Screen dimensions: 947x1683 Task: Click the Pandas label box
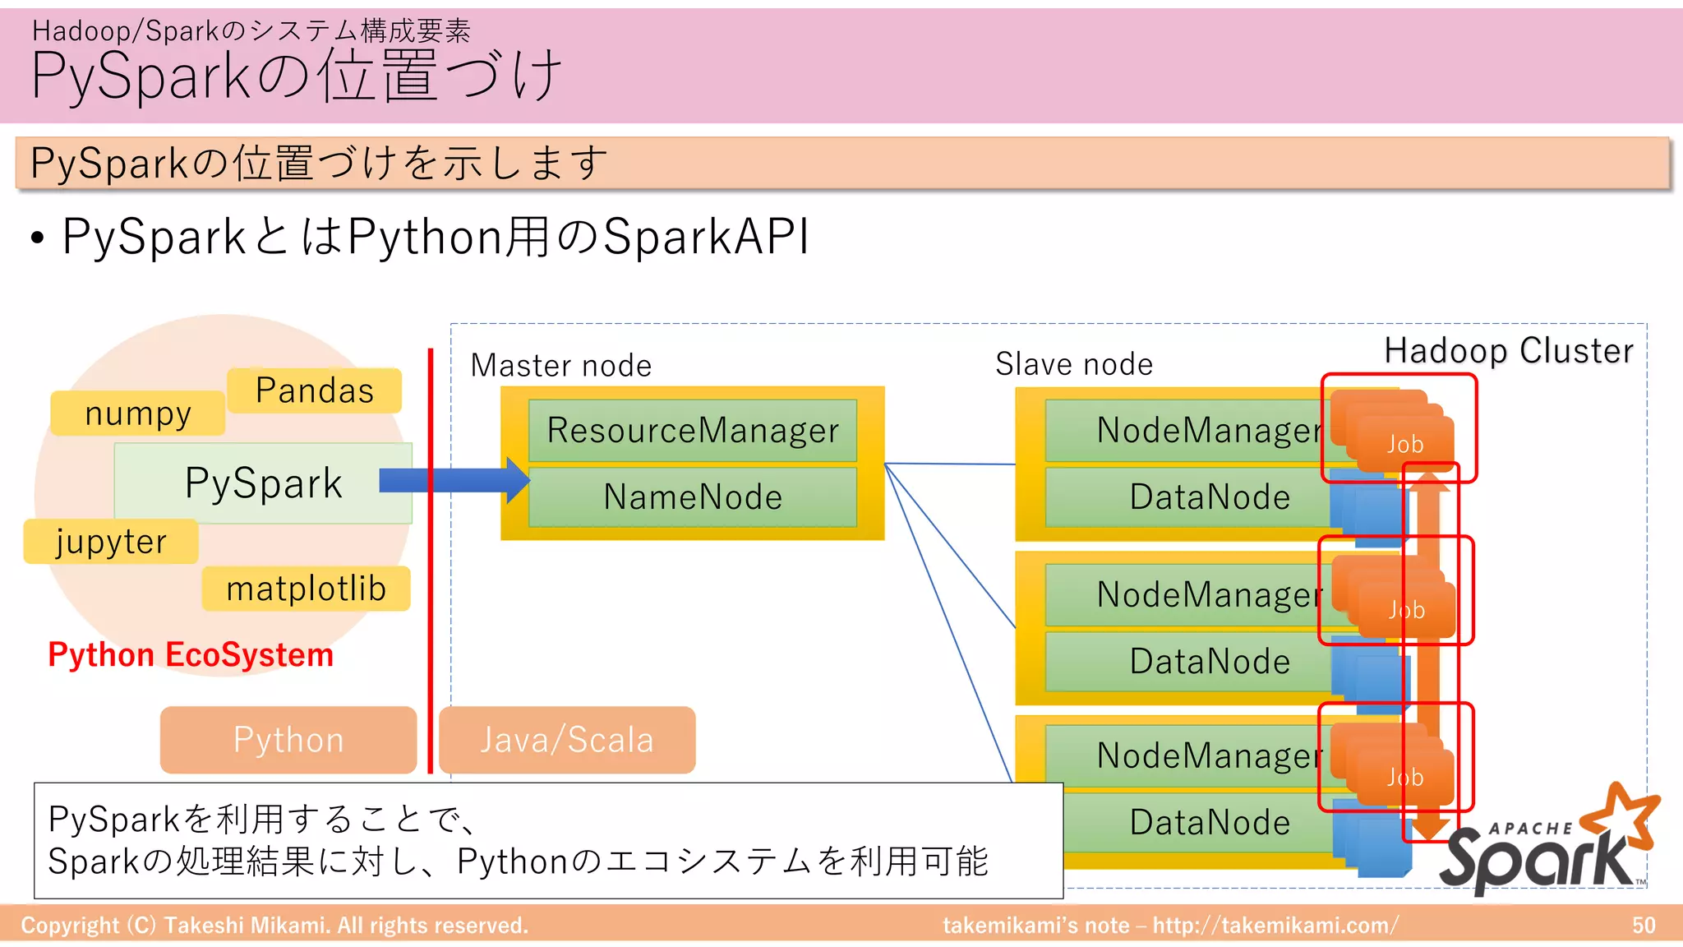point(314,390)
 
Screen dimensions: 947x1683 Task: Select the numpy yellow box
point(137,413)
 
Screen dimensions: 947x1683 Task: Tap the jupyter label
point(111,542)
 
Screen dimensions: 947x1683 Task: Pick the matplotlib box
point(306,589)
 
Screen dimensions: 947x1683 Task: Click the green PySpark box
point(263,483)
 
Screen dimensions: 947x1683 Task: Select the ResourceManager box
point(692,431)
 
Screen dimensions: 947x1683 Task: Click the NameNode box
point(692,497)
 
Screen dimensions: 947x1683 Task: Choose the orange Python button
point(288,740)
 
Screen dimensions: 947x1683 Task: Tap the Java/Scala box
point(567,740)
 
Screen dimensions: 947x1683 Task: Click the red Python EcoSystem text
point(191,655)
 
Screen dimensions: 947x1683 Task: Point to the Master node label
point(560,366)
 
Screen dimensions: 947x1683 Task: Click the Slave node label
point(1074,364)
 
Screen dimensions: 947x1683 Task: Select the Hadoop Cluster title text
point(1509,351)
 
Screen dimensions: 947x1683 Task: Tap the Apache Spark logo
point(1545,847)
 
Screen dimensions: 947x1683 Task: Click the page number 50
point(1643,926)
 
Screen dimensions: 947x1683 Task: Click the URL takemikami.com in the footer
point(1275,926)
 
